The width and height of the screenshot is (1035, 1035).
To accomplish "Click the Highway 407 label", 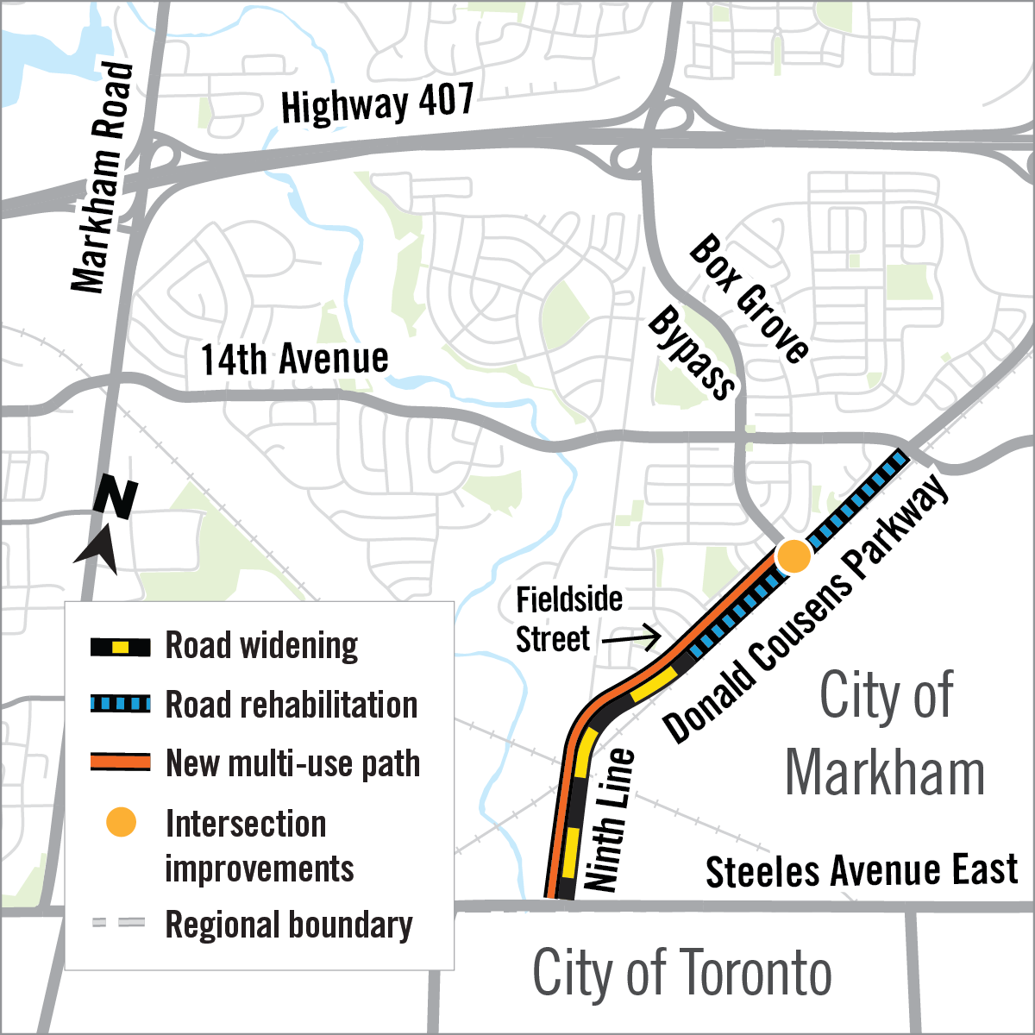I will point(377,104).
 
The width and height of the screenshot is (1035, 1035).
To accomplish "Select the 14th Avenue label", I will point(294,360).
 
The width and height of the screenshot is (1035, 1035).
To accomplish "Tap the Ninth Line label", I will point(610,820).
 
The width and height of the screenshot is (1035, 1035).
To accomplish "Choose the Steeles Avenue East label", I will point(861,871).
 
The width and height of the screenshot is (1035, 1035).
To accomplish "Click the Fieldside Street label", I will point(568,619).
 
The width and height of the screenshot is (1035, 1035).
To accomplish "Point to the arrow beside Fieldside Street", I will point(631,640).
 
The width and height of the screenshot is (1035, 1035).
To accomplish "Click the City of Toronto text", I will point(681,973).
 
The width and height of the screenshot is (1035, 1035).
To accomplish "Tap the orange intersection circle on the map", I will point(793,556).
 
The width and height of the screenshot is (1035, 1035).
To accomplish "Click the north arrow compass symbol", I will point(107,522).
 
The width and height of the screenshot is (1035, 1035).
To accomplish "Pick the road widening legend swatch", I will point(121,646).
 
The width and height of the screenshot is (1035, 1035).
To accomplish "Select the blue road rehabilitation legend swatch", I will point(121,704).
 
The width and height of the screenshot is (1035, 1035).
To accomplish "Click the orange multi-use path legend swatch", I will point(121,762).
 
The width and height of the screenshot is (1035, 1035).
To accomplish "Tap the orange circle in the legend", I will point(121,823).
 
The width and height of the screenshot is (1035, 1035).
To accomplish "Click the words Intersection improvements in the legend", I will point(259,846).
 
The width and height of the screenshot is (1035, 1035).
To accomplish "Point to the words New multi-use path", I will point(292,763).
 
